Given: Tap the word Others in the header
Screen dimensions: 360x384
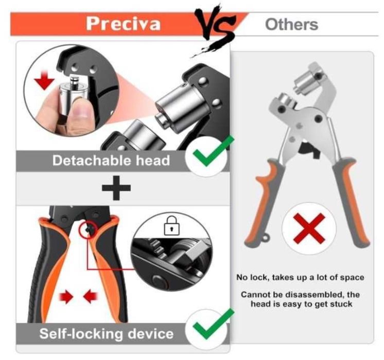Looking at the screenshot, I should pyautogui.click(x=291, y=24).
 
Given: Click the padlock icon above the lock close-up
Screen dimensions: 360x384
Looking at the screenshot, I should pyautogui.click(x=169, y=227).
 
